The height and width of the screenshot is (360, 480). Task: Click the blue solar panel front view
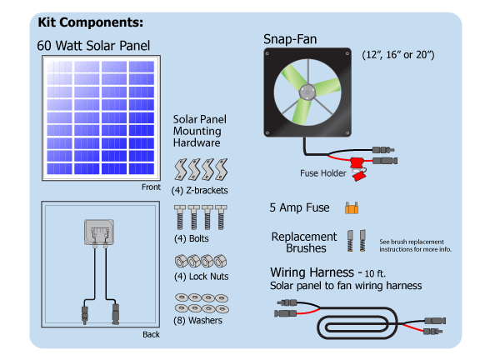(99, 117)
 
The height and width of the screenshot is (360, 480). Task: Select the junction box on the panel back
(98, 232)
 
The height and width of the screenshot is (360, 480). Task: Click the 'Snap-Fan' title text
(289, 39)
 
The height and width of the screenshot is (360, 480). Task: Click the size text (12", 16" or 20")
(399, 55)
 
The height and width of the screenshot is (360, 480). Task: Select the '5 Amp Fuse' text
(300, 207)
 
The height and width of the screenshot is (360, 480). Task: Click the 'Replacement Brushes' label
(304, 242)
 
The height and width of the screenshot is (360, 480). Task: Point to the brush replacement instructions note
(415, 244)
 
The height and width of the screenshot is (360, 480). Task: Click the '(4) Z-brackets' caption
(201, 191)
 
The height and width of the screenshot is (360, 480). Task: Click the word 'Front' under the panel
(151, 187)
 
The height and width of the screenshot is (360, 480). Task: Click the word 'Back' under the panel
(151, 335)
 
